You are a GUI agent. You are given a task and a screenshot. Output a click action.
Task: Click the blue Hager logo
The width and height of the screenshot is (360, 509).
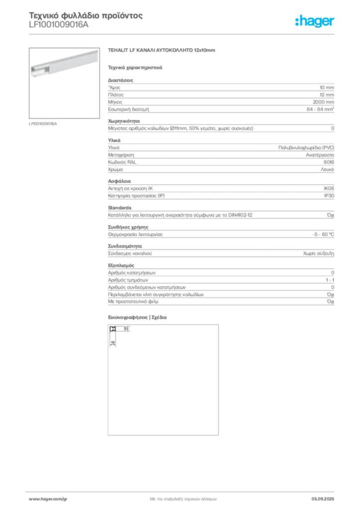click(315, 21)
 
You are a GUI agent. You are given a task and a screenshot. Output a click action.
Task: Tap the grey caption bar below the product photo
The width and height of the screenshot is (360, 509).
click(44, 123)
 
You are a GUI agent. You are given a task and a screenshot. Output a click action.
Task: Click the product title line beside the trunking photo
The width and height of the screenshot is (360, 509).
click(164, 51)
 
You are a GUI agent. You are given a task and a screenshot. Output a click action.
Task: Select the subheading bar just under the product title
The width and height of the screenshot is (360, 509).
click(135, 67)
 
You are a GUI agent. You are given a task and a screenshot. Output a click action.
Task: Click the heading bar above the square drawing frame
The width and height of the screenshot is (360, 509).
click(140, 318)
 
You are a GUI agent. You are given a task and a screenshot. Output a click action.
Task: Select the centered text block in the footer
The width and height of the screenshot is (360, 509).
click(183, 497)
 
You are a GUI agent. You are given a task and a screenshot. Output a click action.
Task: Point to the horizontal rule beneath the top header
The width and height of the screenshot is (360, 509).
click(214, 34)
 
